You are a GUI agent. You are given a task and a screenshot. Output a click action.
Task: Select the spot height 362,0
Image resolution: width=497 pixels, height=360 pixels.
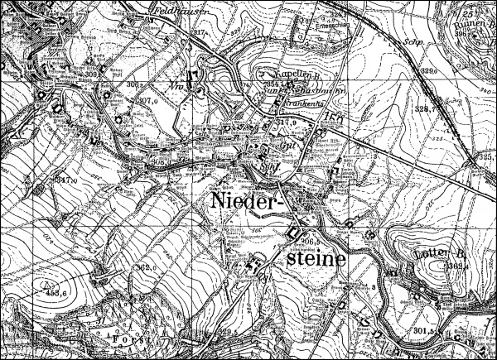[x=147, y=269]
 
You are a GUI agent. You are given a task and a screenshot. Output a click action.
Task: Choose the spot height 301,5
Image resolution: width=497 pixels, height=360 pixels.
[x=424, y=331]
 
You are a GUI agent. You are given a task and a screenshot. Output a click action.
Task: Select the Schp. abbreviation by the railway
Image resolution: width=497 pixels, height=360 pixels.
[x=405, y=39]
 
